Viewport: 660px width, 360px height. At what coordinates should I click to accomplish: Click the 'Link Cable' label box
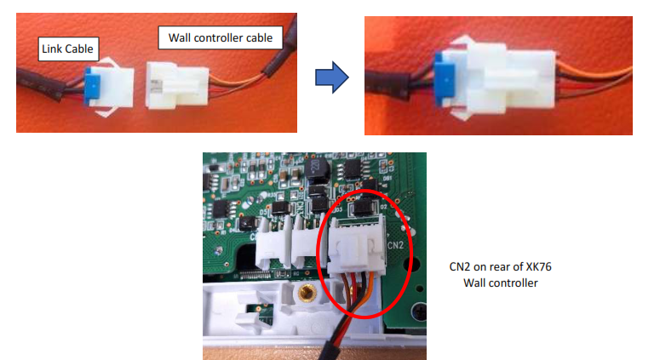point(67,49)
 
